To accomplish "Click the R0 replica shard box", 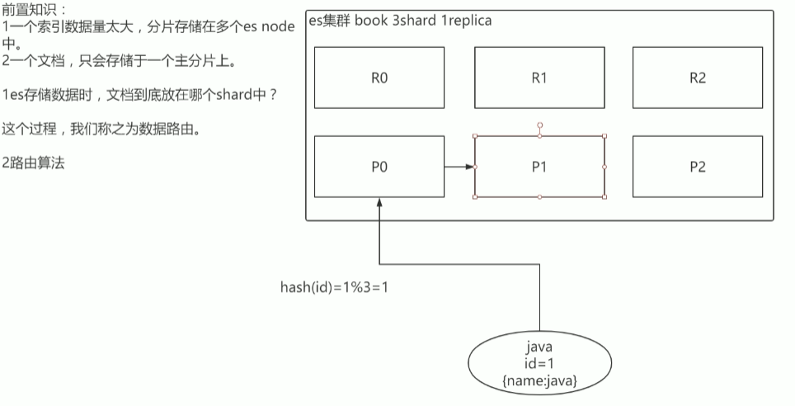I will (379, 78).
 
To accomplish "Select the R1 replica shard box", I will (539, 78).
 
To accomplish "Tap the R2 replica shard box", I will (697, 78).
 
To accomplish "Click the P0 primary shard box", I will (379, 167).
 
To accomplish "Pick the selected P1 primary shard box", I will (539, 167).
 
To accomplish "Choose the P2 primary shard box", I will (697, 167).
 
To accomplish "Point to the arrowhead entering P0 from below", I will (379, 202).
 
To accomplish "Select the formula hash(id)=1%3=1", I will (334, 289).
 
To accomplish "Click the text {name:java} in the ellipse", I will (539, 380).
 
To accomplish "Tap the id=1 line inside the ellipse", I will (539, 364).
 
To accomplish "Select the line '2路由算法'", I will (33, 163).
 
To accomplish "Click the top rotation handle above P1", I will (539, 124).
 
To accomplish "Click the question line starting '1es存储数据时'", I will (139, 95).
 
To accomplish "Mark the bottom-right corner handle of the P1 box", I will (604, 197).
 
